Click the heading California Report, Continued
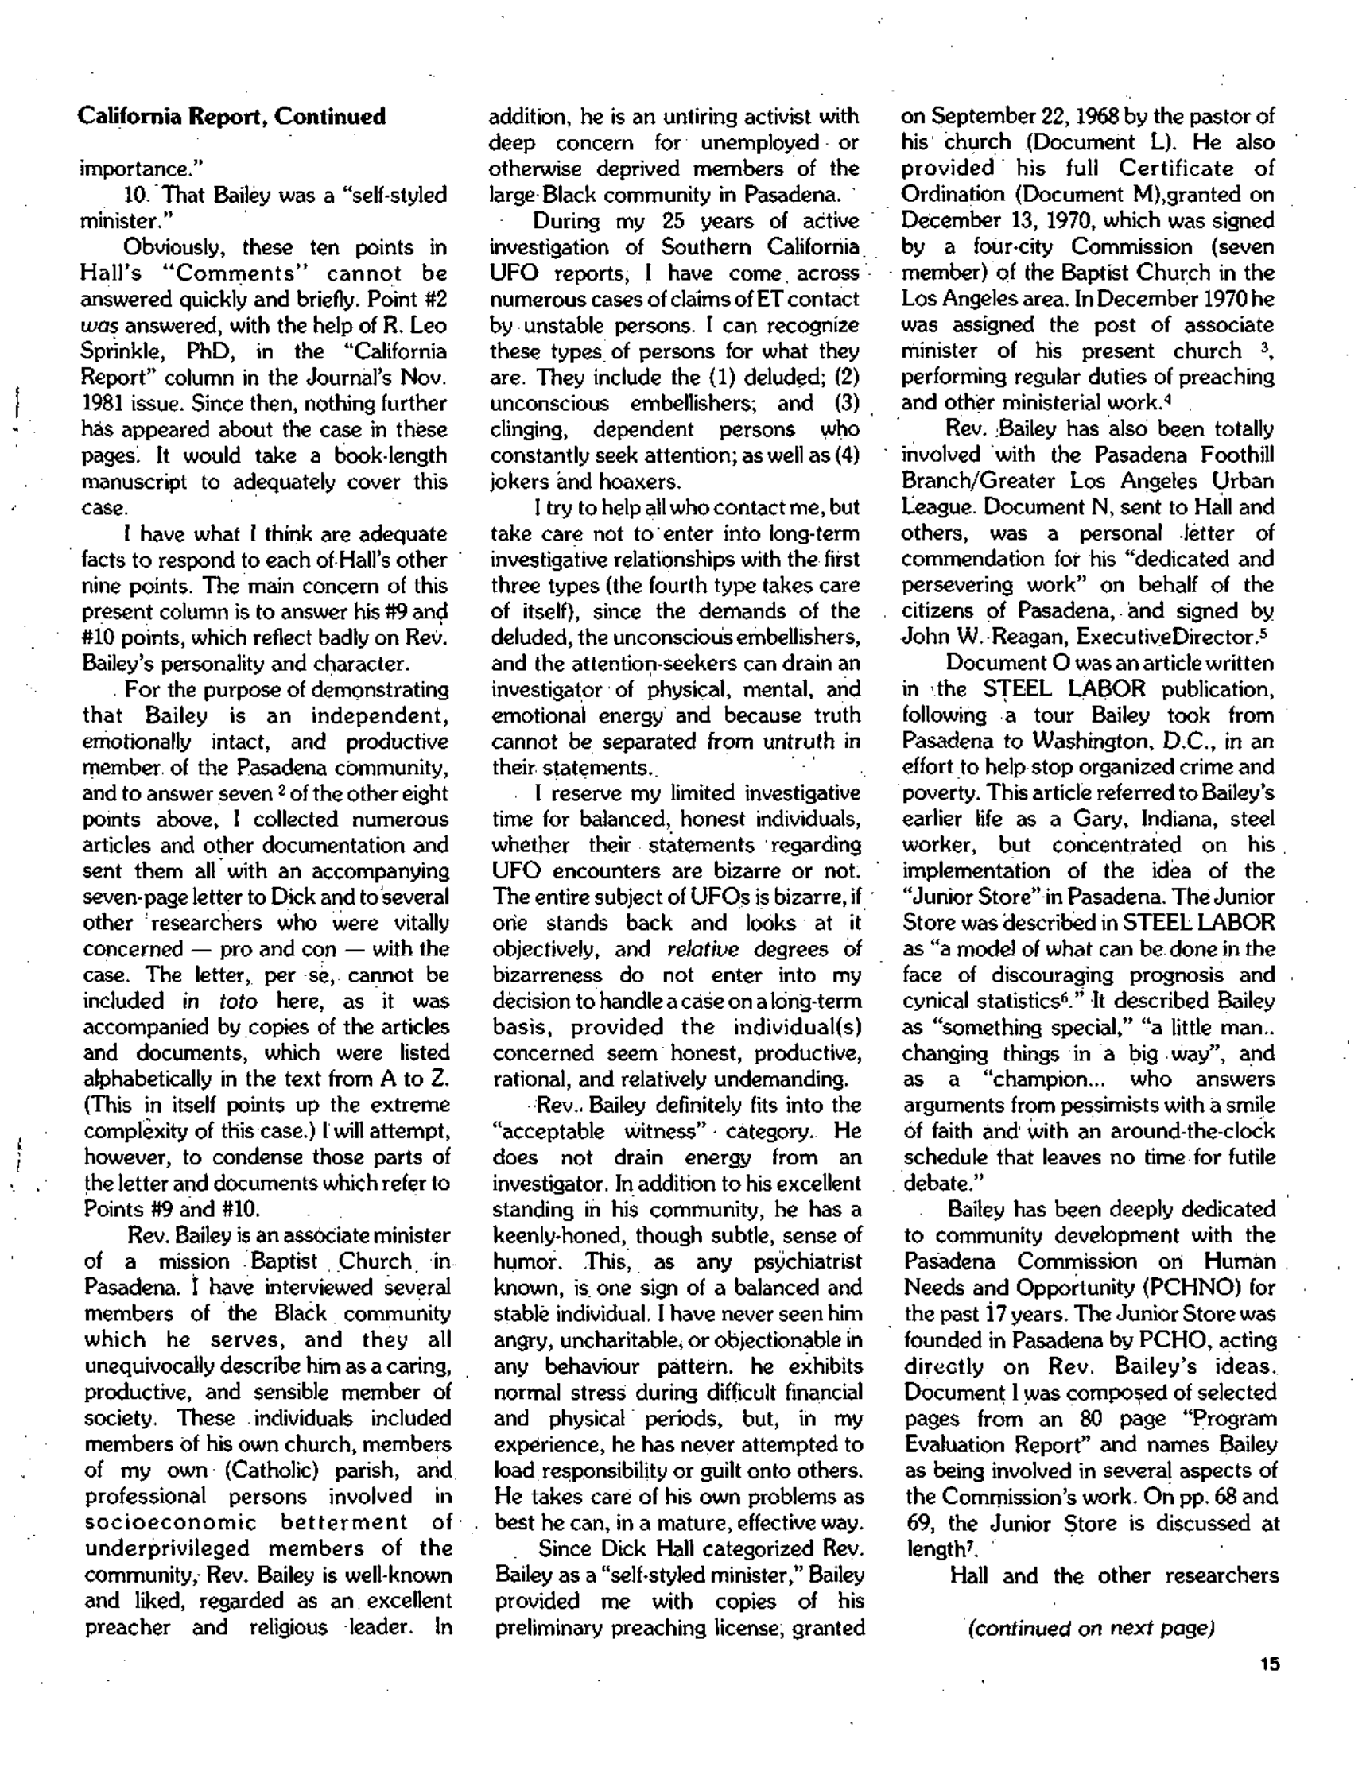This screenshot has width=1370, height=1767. click(x=231, y=118)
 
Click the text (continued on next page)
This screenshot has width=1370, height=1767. click(x=1092, y=1628)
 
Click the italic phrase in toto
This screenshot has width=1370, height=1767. click(x=219, y=1001)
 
